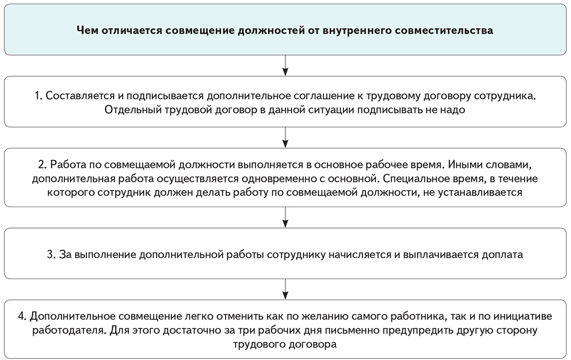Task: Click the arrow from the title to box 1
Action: click(285, 65)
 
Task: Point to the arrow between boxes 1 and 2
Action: click(285, 137)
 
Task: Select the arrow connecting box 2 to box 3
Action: click(285, 217)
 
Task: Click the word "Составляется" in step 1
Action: click(79, 95)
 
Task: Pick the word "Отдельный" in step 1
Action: click(125, 109)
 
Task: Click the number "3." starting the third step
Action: click(51, 254)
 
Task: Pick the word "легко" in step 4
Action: click(206, 316)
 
